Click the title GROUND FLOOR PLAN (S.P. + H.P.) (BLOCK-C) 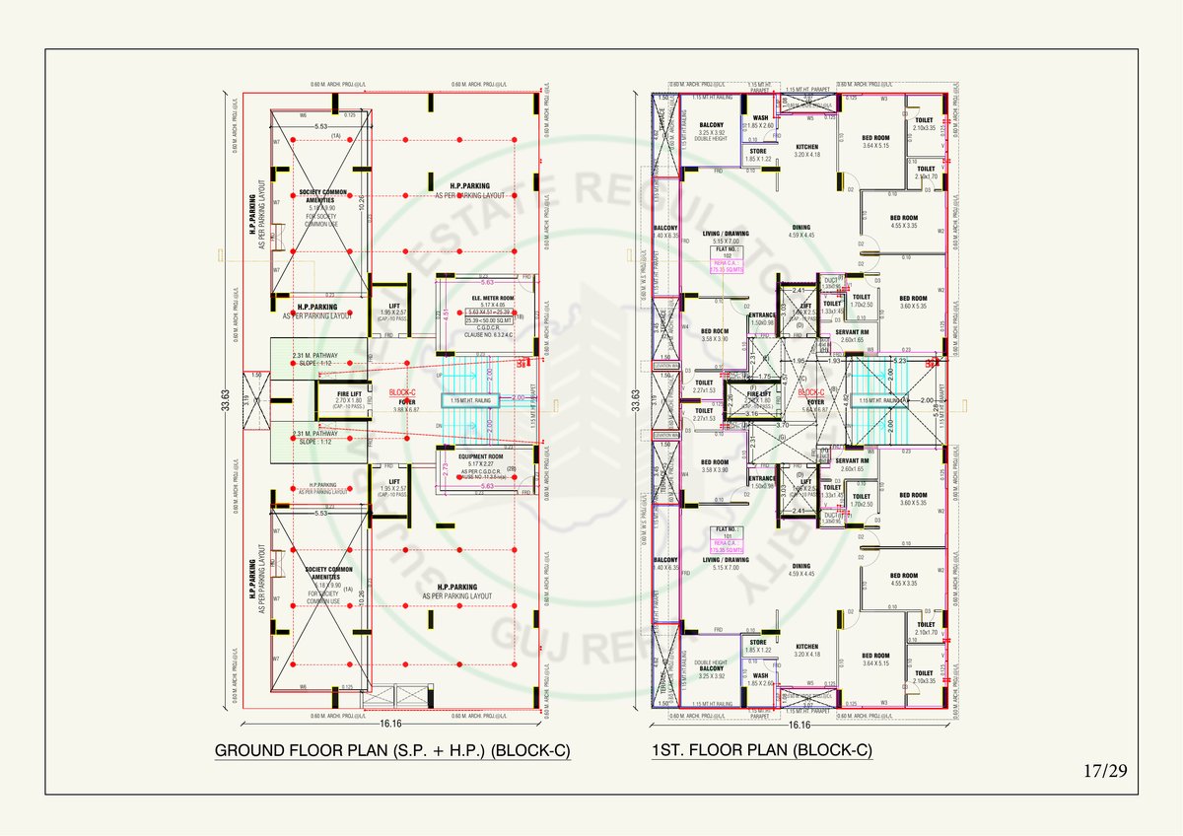coord(392,751)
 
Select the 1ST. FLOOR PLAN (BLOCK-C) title coord(761,751)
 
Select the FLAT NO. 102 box coord(728,253)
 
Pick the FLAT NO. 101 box coord(728,533)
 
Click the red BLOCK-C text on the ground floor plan coord(402,391)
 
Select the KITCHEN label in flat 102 coord(806,147)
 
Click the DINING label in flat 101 coord(800,566)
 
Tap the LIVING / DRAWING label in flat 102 coord(726,234)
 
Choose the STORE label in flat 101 coord(757,643)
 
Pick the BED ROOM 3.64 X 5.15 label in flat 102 coord(875,138)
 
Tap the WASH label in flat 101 coord(760,676)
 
